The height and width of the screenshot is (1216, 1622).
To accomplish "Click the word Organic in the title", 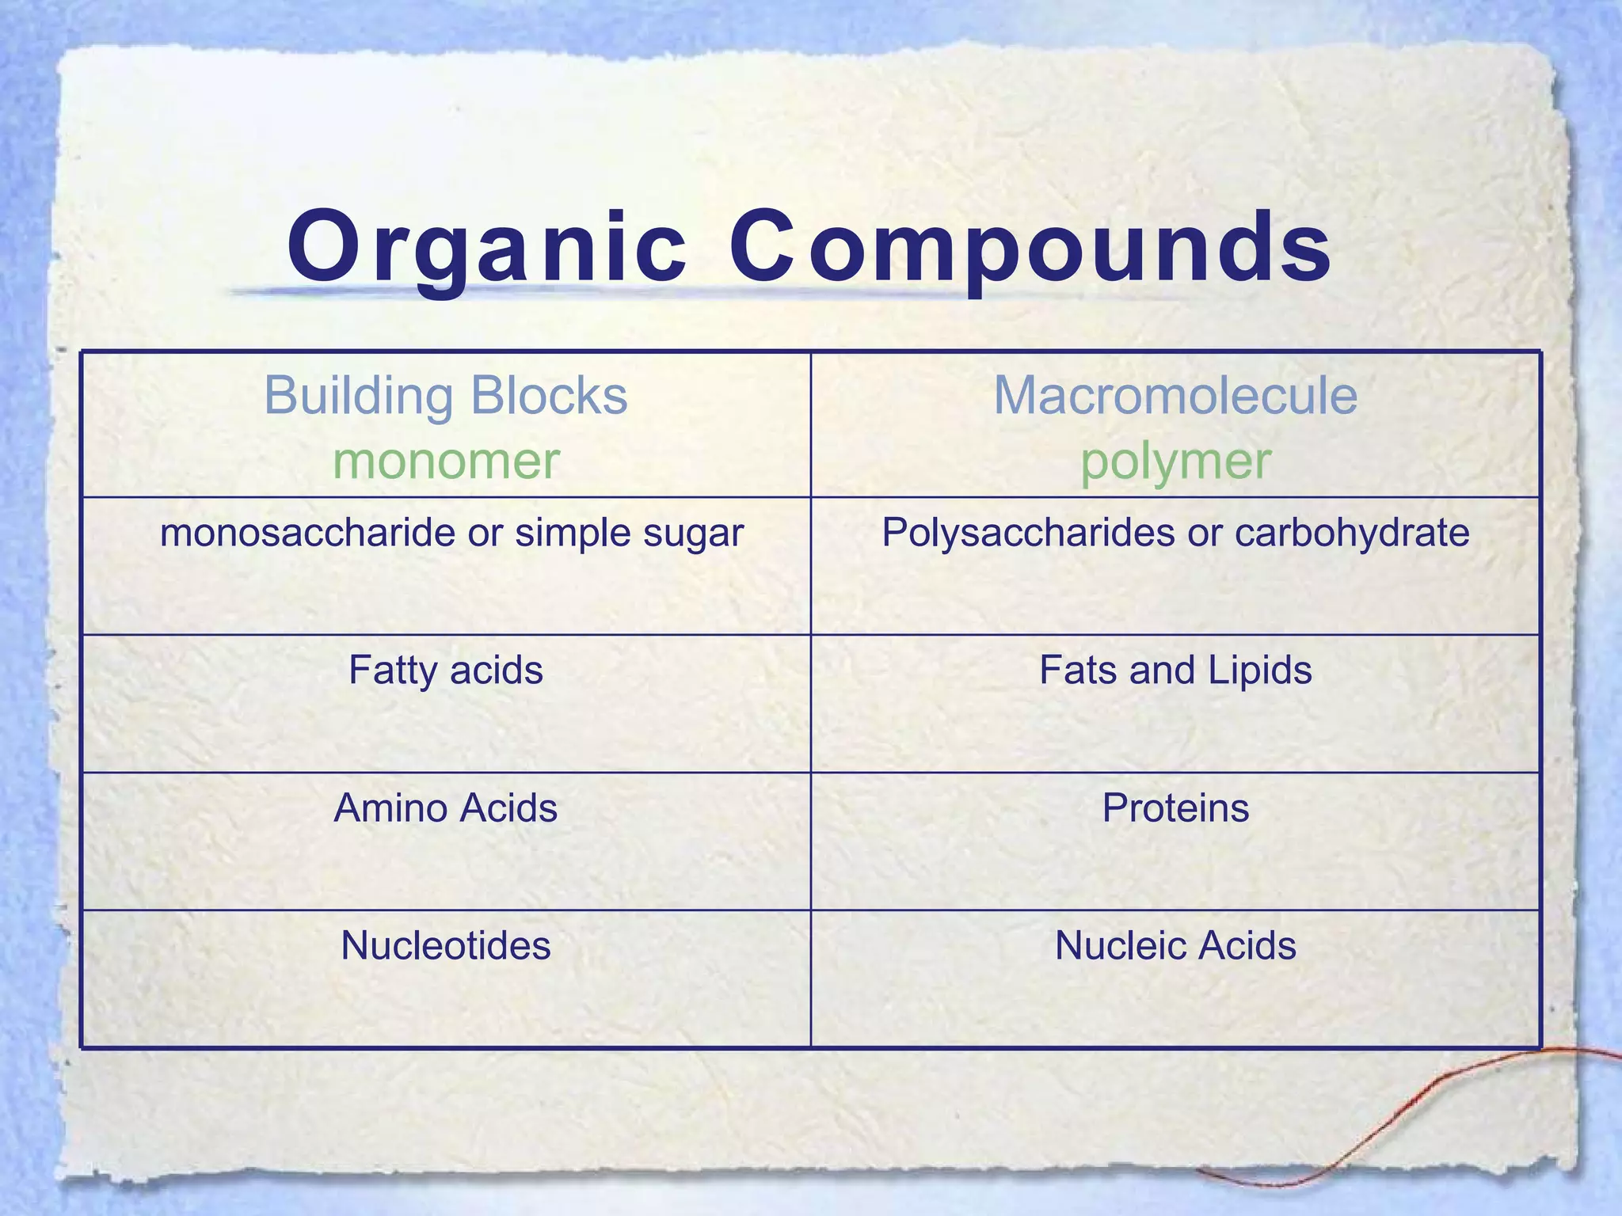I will (x=486, y=247).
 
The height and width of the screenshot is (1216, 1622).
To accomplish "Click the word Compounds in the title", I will (x=1029, y=247).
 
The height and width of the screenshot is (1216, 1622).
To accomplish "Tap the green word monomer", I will (x=446, y=461).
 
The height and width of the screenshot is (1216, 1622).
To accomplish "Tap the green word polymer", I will (x=1175, y=461).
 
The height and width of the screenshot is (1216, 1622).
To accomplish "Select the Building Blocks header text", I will (x=446, y=395).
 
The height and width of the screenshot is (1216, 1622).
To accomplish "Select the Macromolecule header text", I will (x=1175, y=395).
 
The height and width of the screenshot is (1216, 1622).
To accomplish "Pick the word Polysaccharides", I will (x=1028, y=533).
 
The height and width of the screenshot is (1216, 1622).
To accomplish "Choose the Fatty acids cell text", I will (x=446, y=671).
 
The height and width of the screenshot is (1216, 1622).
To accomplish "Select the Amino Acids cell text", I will (x=446, y=808).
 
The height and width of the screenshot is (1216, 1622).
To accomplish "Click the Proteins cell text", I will (x=1175, y=808).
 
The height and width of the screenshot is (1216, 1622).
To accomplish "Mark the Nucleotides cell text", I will (x=446, y=946).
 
